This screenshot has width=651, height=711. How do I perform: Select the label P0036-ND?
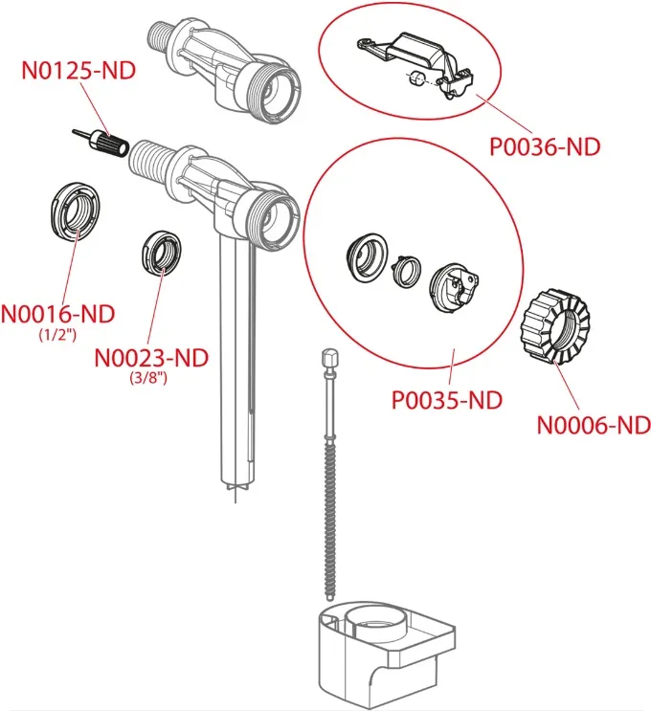[544, 147]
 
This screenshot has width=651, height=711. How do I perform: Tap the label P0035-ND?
[447, 400]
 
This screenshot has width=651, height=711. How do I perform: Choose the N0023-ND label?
[151, 357]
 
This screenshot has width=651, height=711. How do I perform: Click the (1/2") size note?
[58, 335]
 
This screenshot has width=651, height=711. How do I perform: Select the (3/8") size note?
[151, 378]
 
